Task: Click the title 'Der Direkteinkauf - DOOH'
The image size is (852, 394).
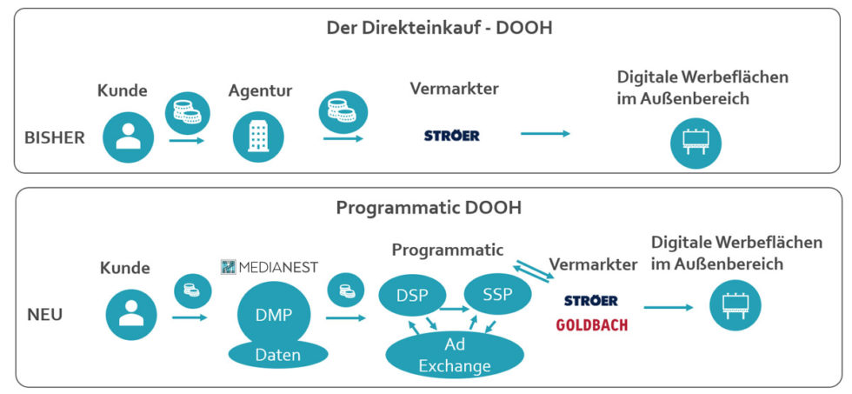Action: [439, 28]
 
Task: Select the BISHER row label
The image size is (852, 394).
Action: [54, 137]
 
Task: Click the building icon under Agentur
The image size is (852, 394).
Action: [259, 137]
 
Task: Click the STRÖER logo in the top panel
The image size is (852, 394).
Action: [451, 136]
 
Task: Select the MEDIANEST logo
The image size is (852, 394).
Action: [270, 266]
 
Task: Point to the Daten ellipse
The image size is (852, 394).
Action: [278, 354]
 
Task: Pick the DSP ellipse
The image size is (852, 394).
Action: [412, 296]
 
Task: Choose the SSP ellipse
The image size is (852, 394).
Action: [498, 296]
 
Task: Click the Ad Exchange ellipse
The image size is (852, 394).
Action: [455, 355]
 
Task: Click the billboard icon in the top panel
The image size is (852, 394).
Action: [696, 142]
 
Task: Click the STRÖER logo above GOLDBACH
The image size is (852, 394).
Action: [590, 300]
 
